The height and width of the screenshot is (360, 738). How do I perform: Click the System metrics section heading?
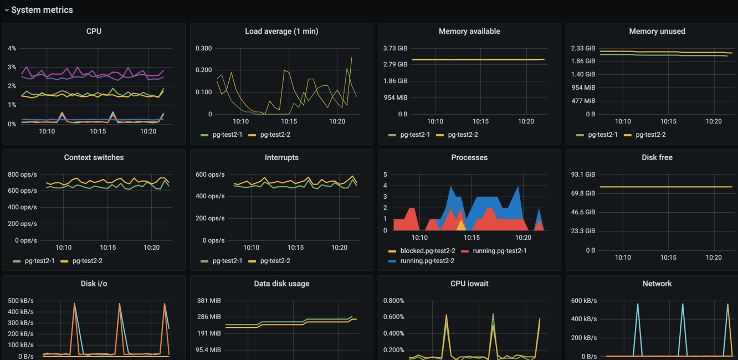[x=42, y=10]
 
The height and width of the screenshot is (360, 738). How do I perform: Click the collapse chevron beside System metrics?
[x=7, y=10]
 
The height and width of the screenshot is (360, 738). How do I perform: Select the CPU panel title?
[x=94, y=32]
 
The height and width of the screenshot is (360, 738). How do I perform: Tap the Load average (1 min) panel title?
[x=281, y=32]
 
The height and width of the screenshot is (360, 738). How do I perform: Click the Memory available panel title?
[x=469, y=32]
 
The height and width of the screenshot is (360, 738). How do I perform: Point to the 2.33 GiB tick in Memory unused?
[x=583, y=49]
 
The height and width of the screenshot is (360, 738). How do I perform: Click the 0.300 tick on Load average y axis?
[x=204, y=49]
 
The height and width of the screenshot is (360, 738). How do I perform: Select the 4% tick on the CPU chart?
[x=12, y=49]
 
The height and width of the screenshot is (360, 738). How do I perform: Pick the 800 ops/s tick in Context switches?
[x=22, y=174]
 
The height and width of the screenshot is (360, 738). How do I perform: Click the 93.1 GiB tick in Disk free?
[x=583, y=174]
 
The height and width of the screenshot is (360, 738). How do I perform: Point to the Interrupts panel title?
[x=281, y=158]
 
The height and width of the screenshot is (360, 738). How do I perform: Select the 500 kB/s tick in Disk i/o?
[x=20, y=301]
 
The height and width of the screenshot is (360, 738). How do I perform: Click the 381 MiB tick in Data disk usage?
[x=209, y=301]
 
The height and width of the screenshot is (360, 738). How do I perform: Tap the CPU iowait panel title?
[x=469, y=284]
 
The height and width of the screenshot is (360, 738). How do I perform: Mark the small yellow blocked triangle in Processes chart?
[x=461, y=226]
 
